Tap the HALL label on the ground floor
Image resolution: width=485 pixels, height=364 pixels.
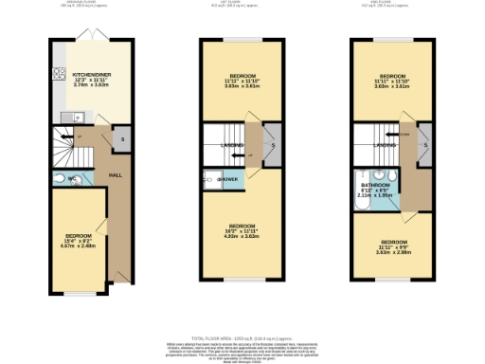point(116,174)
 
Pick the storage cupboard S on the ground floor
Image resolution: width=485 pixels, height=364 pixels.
point(123,140)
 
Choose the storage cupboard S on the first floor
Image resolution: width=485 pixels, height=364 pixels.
point(272,144)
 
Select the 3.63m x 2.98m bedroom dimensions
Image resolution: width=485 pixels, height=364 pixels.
point(392,252)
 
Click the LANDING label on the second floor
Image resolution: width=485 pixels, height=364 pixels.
point(384,145)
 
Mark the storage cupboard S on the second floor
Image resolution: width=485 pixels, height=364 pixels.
point(423,144)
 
